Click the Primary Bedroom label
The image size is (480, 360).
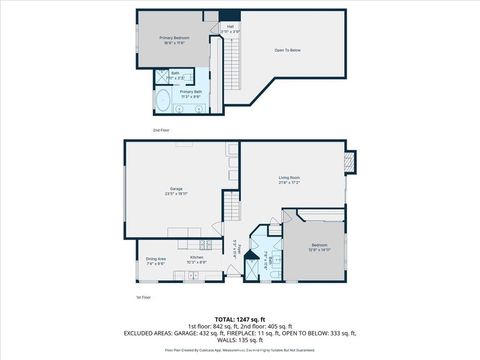pyautogui.click(x=174, y=40)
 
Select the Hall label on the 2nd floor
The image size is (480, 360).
pyautogui.click(x=230, y=28)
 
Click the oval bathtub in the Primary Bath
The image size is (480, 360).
pyautogui.click(x=164, y=99)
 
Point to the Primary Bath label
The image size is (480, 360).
pyautogui.click(x=190, y=93)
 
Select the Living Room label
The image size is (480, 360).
pyautogui.click(x=289, y=180)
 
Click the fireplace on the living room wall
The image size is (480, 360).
pyautogui.click(x=349, y=160)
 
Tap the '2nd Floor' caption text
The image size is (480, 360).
pyautogui.click(x=160, y=131)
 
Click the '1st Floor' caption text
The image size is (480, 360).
pyautogui.click(x=144, y=297)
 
